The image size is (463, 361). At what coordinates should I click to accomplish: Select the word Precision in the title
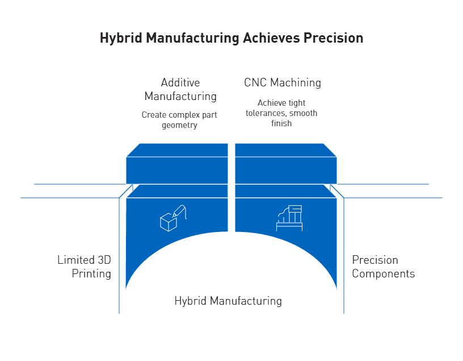333,38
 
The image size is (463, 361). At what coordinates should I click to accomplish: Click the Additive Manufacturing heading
180,89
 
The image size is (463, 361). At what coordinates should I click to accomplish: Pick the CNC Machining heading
282,82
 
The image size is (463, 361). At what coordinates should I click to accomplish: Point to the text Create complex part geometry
179,119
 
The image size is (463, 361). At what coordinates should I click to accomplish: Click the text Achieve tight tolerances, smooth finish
281,113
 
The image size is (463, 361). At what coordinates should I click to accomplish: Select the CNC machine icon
289,217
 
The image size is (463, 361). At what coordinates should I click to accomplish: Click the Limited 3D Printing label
85,267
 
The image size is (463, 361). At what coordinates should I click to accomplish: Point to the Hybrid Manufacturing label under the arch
228,301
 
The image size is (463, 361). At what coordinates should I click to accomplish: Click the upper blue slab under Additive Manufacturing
177,165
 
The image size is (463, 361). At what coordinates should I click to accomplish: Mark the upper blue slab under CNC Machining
286,165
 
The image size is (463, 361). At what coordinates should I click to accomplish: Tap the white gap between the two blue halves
231,188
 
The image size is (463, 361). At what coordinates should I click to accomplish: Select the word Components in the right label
383,273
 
